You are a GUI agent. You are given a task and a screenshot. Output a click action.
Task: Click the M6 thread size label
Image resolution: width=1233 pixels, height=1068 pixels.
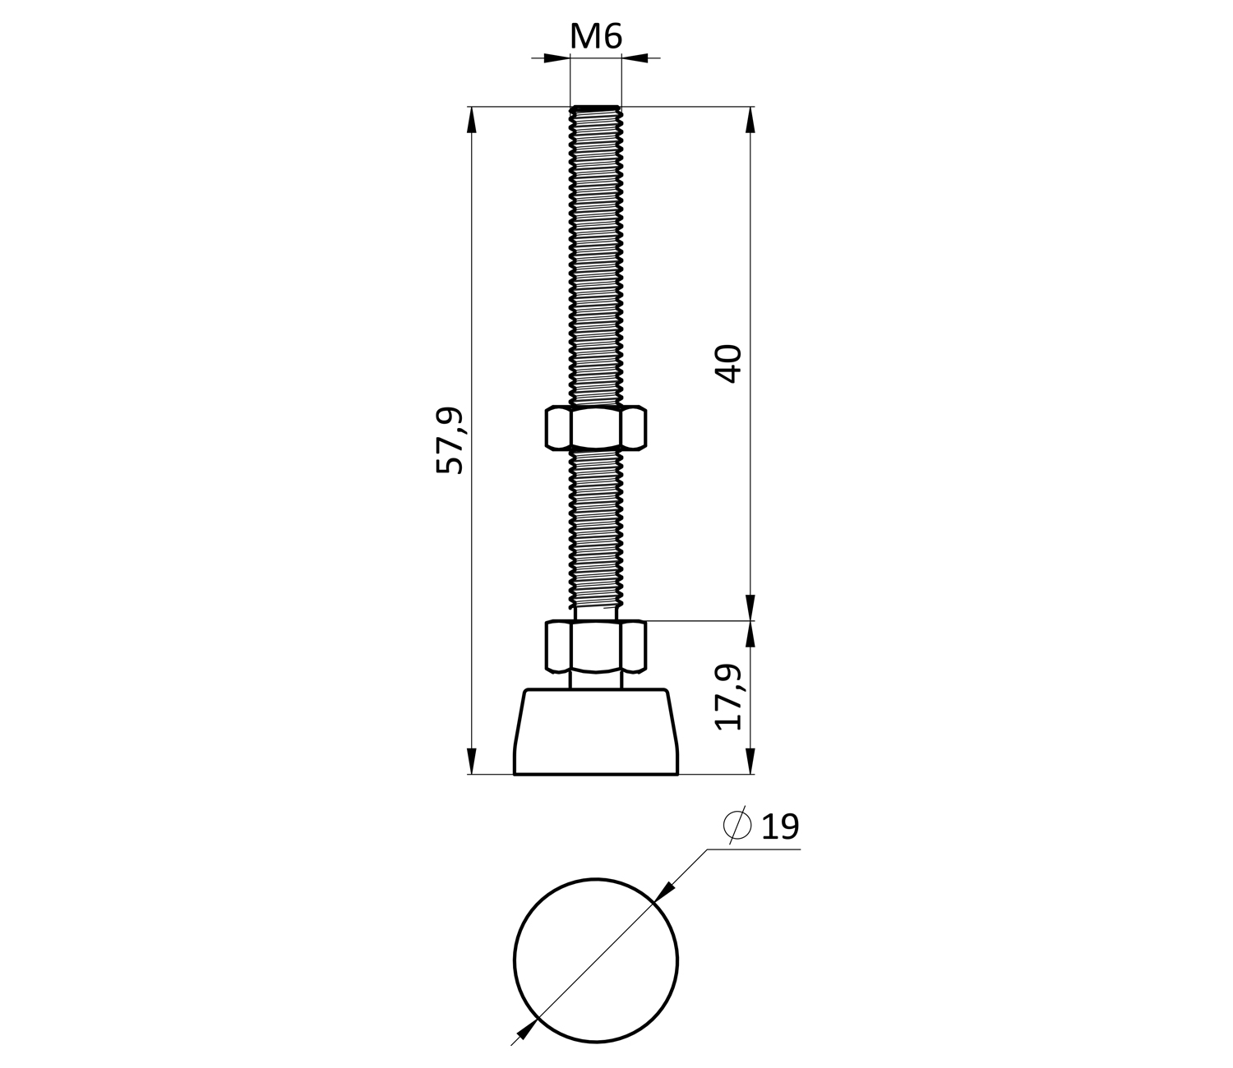click(x=596, y=36)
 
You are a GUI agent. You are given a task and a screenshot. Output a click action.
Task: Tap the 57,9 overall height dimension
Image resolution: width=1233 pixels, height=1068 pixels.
click(x=450, y=440)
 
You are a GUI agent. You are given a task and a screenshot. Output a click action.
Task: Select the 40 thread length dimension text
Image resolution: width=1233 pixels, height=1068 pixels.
click(x=727, y=363)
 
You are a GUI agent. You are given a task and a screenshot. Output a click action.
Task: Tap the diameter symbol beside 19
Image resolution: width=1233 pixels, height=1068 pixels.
click(x=737, y=826)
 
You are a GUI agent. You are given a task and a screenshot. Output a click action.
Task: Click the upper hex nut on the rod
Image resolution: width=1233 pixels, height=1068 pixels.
click(x=596, y=427)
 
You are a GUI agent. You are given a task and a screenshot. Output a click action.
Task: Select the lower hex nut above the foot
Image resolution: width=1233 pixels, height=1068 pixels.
click(x=596, y=647)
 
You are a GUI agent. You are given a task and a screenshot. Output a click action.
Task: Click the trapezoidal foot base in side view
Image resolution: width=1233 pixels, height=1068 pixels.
click(x=596, y=732)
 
